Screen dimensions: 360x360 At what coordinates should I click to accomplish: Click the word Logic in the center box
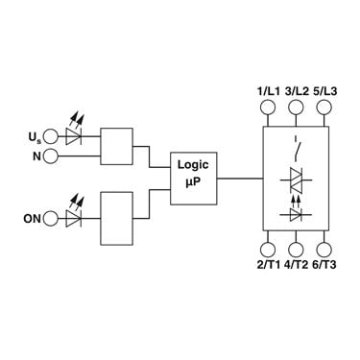(193, 165)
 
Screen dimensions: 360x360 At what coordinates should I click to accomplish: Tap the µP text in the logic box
(193, 182)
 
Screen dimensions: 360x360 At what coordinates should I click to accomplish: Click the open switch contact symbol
(297, 150)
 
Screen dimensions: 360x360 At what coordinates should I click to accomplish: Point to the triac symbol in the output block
(296, 180)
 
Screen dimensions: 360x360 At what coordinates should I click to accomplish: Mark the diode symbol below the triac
(296, 214)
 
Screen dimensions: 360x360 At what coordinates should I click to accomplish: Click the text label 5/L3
(324, 91)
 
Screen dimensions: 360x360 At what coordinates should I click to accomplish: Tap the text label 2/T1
(269, 265)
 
